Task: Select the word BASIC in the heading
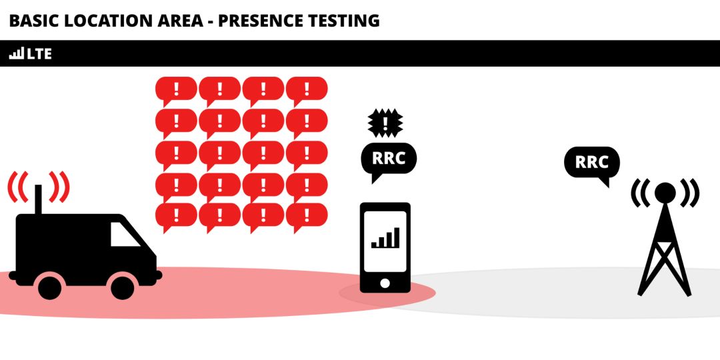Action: [x=33, y=21]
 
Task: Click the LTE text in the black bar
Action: [x=39, y=54]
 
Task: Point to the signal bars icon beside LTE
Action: [x=17, y=54]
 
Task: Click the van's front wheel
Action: [x=123, y=287]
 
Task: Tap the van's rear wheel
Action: [x=49, y=287]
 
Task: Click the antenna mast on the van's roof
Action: [x=38, y=199]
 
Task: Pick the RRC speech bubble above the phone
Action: [x=389, y=161]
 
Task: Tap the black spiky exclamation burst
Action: [x=385, y=123]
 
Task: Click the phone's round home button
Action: [x=385, y=283]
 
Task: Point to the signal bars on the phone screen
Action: [x=385, y=238]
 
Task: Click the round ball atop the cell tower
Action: [x=665, y=193]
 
